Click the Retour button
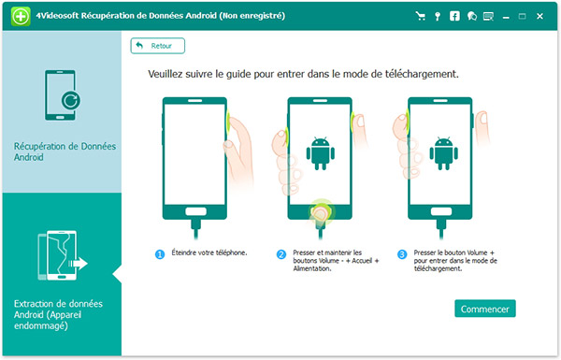(x=158, y=46)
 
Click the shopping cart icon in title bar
(x=421, y=16)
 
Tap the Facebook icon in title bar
(x=454, y=16)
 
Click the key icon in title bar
(x=438, y=17)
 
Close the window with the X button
(x=539, y=16)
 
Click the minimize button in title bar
(x=506, y=17)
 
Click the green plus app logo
(x=21, y=16)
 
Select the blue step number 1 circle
(x=160, y=254)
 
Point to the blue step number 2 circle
(x=281, y=254)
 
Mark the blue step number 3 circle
(x=402, y=254)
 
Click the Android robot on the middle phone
(x=320, y=153)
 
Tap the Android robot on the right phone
(x=443, y=153)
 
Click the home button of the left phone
(x=195, y=211)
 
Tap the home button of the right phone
(x=441, y=211)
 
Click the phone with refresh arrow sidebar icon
(x=63, y=95)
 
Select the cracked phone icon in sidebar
(x=63, y=255)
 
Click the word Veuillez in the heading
(x=165, y=74)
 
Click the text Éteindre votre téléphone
(x=209, y=252)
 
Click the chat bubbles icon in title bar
(x=472, y=16)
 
